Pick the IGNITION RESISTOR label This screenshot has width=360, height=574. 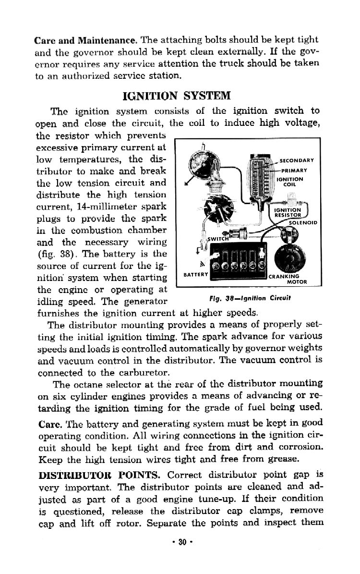point(287,213)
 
